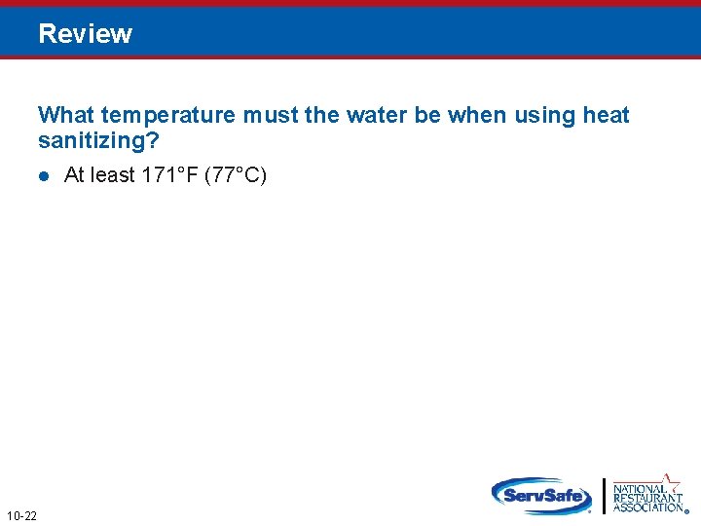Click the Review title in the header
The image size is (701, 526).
(86, 34)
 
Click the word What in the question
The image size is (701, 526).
(65, 116)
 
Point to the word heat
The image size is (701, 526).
(606, 116)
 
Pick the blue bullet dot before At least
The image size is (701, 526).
(44, 176)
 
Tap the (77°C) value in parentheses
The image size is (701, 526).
(236, 175)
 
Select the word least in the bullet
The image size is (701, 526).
(111, 175)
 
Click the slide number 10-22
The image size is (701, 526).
(21, 515)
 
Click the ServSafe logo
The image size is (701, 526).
(541, 495)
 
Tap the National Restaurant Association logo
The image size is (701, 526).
(648, 496)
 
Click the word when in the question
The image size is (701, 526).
(477, 116)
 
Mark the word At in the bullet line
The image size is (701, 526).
(75, 175)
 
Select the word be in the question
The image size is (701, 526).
(426, 116)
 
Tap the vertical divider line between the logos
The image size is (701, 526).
(605, 496)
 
